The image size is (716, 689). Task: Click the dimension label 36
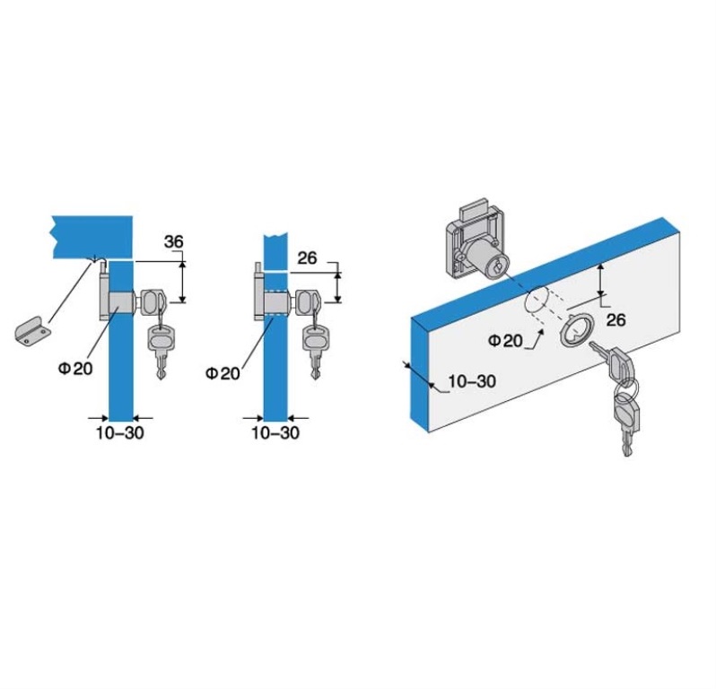pyautogui.click(x=173, y=241)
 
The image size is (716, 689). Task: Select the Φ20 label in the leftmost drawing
pyautogui.click(x=75, y=368)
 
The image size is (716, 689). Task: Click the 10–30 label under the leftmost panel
pyautogui.click(x=119, y=432)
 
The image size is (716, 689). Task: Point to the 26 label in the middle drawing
pyautogui.click(x=307, y=258)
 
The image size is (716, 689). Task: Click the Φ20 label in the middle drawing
pyautogui.click(x=223, y=373)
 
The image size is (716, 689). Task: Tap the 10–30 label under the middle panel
pyautogui.click(x=275, y=432)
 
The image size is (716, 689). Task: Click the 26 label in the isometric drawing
pyautogui.click(x=616, y=320)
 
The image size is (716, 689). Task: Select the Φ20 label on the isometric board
pyautogui.click(x=505, y=341)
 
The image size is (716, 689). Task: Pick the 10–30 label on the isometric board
pyautogui.click(x=472, y=380)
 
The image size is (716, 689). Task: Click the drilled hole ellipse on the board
pyautogui.click(x=536, y=301)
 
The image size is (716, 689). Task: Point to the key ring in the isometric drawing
pyautogui.click(x=626, y=387)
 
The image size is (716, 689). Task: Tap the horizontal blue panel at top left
pyautogui.click(x=92, y=237)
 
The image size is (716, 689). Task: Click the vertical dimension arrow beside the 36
pyautogui.click(x=182, y=282)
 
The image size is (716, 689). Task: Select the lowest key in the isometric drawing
pyautogui.click(x=627, y=423)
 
